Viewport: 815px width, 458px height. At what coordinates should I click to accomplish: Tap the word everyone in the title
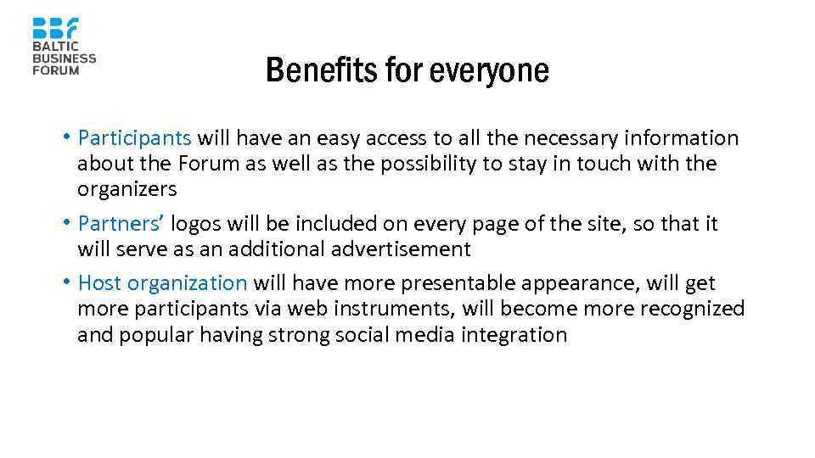(489, 70)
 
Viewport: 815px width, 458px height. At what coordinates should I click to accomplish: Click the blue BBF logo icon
(55, 28)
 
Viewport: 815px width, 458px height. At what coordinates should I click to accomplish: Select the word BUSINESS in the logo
(65, 59)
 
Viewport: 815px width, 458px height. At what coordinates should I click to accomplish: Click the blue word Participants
(134, 137)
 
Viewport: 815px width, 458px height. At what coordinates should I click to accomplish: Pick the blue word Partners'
(121, 224)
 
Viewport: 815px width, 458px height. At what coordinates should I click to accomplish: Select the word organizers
(126, 189)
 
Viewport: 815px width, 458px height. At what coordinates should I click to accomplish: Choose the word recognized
(692, 309)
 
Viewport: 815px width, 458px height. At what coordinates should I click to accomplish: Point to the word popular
(157, 335)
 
